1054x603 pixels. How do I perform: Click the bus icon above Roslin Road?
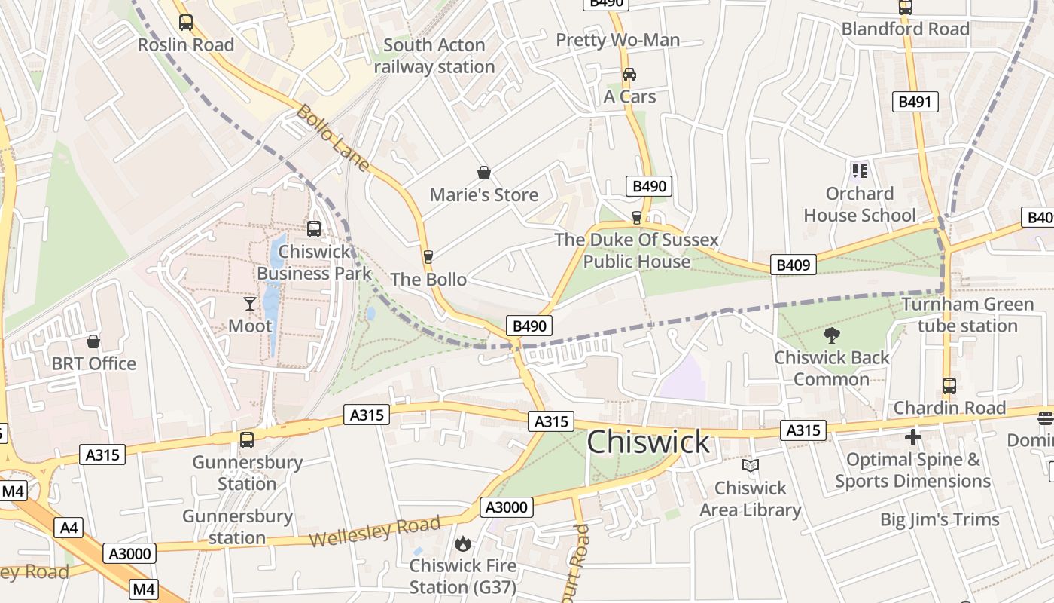point(186,23)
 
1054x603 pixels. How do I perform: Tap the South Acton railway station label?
point(434,56)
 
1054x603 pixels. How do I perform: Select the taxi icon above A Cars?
point(629,75)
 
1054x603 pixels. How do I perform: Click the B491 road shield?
point(915,103)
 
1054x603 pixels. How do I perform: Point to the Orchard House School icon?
point(859,171)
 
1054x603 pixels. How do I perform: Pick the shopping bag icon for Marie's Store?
point(484,173)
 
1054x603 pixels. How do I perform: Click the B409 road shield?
point(793,265)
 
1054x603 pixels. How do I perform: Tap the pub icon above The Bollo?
point(428,257)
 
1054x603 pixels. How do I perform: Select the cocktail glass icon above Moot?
point(250,304)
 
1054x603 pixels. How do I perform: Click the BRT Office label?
point(94,363)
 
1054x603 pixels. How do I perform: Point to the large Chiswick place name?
point(647,442)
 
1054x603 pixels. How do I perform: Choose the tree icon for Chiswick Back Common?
point(832,335)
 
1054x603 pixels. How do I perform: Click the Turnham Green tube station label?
point(967,315)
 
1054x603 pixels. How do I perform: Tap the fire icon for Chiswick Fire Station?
point(463,543)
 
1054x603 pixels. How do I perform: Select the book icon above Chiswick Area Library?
point(751,466)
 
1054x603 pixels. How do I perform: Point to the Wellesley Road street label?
point(374,532)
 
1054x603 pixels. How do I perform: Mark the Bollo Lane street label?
point(332,138)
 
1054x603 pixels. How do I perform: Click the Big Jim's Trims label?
point(940,519)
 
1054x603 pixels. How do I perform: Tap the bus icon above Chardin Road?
point(949,386)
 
